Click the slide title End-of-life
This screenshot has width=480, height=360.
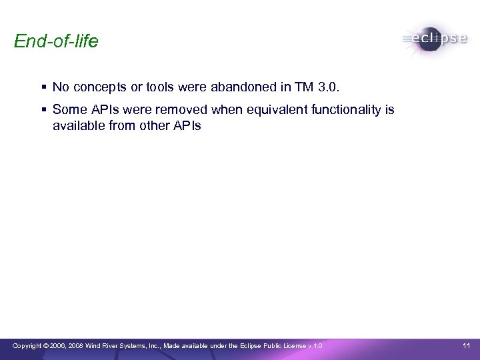56,42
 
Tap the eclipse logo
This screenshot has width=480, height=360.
434,39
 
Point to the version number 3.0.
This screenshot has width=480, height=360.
329,87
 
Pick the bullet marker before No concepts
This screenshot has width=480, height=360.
43,87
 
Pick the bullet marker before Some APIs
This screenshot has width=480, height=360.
43,109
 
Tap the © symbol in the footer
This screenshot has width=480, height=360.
47,345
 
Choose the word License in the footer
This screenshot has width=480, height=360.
294,345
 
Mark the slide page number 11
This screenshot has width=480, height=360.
466,345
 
